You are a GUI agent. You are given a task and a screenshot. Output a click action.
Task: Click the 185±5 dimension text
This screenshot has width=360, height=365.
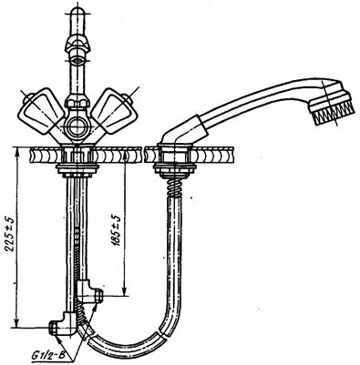click(116, 230)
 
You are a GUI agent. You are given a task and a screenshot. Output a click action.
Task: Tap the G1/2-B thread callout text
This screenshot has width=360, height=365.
click(47, 354)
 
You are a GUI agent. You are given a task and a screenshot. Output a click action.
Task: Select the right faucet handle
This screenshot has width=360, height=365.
click(113, 110)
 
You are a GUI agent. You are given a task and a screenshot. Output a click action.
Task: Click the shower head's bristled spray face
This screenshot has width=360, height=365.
click(334, 111)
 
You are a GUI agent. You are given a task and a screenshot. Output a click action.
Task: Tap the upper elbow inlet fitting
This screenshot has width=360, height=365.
click(89, 291)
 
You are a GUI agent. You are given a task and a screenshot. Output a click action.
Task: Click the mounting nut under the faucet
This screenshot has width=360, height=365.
click(78, 170)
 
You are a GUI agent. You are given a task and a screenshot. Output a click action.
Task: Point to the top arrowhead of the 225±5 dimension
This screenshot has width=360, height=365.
click(17, 151)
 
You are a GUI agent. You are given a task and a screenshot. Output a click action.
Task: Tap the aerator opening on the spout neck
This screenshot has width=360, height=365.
click(78, 60)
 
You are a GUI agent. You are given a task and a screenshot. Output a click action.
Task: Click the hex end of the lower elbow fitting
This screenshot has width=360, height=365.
click(53, 328)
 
